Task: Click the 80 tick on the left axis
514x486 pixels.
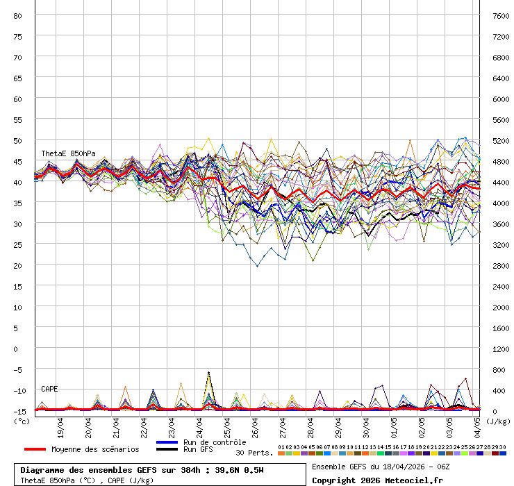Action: (x=18, y=15)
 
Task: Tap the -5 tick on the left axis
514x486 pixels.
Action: (x=18, y=369)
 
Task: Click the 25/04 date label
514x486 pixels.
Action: (x=227, y=424)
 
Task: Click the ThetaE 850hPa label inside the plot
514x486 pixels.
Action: (x=68, y=153)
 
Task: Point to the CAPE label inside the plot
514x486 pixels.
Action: (x=50, y=389)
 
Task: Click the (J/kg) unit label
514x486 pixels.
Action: (x=497, y=421)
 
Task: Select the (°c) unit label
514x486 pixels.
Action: (x=22, y=421)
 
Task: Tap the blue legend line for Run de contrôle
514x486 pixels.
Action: (x=167, y=442)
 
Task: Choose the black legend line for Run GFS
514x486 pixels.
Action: (x=167, y=450)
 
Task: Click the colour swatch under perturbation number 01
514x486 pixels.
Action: (x=281, y=453)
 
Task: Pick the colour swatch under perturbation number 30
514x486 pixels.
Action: (x=502, y=453)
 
